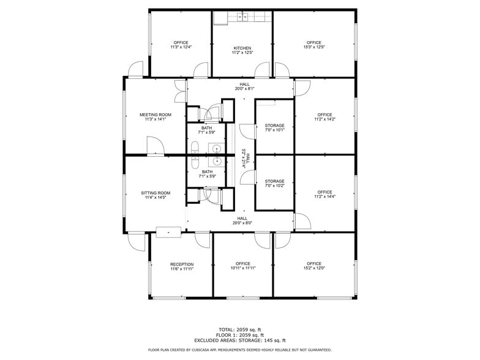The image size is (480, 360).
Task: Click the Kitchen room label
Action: coord(242,48)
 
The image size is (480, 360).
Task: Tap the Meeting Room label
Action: coord(155,114)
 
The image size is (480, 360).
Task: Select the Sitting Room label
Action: coord(155,193)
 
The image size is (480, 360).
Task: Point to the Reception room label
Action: coord(182,264)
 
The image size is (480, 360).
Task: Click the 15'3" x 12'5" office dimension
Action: coord(313,48)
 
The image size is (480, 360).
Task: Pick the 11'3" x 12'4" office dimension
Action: coord(181,48)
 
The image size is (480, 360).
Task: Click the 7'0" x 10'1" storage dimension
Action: coord(274,130)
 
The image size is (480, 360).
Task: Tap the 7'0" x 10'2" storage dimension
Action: coord(274,186)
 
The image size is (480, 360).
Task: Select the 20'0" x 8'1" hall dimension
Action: coord(244,89)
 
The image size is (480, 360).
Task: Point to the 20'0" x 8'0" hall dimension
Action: coord(242,223)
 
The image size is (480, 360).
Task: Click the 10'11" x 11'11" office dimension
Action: coord(242,268)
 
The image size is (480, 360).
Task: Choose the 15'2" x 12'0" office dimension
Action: coord(313,268)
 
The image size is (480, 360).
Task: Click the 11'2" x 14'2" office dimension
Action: coord(324,120)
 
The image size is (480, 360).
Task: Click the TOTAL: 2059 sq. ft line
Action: coord(240,329)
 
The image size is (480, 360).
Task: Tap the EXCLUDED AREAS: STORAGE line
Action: coord(240,340)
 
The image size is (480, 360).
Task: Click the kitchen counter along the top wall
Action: coord(242,17)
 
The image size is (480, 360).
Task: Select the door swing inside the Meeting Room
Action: coord(156,145)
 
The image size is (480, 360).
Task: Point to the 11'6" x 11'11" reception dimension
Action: coord(182,269)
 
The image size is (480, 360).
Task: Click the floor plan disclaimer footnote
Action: coord(240,350)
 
